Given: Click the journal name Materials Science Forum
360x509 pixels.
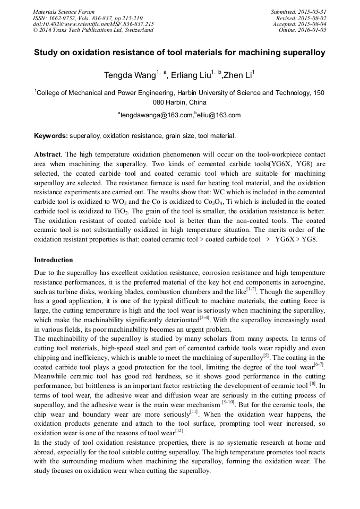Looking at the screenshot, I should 64,11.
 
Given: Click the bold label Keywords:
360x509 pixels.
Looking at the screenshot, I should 51,136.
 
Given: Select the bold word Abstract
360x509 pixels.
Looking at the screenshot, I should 48,154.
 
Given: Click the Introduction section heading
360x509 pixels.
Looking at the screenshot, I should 54,260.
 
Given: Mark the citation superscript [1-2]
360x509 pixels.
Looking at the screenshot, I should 251,290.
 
